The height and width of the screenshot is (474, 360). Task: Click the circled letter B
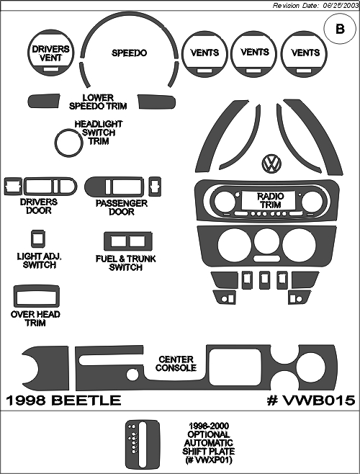coord(340,29)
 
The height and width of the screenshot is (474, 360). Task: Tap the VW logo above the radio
coord(271,164)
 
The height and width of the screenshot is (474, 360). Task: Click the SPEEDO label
coord(129,53)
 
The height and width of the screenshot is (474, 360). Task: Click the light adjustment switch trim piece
coord(38,239)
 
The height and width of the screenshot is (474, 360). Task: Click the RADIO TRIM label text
coord(271,200)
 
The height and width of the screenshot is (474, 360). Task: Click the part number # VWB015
coord(311,401)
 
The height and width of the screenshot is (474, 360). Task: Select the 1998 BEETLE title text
coord(63,401)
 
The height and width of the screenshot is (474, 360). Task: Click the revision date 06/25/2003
coord(339,6)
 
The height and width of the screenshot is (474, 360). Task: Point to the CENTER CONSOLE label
coord(176,364)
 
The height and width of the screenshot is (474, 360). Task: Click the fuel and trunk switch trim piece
coord(128,233)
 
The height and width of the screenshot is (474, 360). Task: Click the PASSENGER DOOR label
coord(122,207)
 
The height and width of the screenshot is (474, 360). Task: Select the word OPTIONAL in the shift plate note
coord(209,434)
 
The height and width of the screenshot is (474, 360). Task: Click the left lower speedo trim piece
coord(44,101)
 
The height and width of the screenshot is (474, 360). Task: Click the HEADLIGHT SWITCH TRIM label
coord(99,133)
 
